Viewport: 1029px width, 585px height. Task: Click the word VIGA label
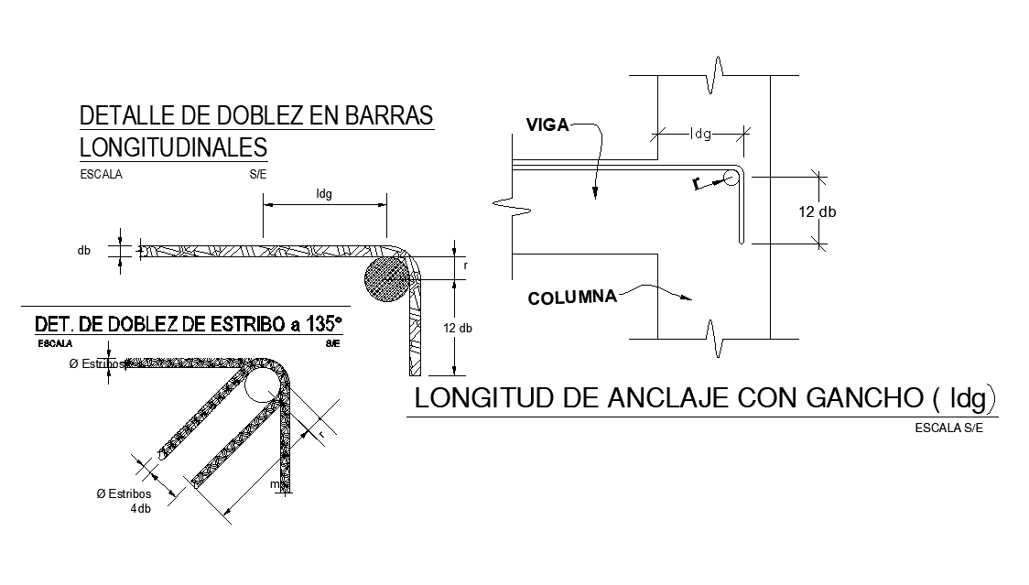click(x=547, y=125)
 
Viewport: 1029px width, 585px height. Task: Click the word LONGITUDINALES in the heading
click(x=174, y=146)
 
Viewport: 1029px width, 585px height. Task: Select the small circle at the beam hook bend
click(x=731, y=179)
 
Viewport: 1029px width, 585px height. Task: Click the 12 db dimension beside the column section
click(x=817, y=211)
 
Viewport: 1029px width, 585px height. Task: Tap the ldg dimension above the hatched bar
click(x=323, y=194)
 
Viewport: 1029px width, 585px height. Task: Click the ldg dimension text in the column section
click(x=700, y=134)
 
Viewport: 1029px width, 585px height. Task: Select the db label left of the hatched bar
click(x=84, y=249)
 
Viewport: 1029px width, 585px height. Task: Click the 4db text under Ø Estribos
click(x=141, y=508)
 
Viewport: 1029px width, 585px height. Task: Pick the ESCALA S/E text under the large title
click(x=948, y=428)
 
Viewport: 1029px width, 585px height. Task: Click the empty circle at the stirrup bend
click(x=262, y=384)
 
